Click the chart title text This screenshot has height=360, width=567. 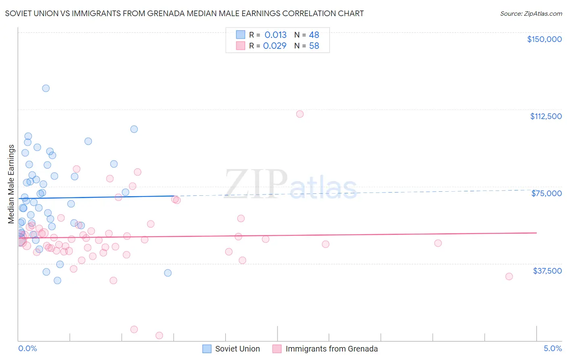(x=184, y=13)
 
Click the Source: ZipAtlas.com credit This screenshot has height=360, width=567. (x=531, y=13)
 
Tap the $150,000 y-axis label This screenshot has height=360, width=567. (x=544, y=39)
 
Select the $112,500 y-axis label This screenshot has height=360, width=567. (x=546, y=116)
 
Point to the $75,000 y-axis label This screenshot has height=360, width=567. (x=546, y=193)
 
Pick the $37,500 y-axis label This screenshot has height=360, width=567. (x=547, y=271)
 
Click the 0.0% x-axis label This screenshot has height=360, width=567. (x=27, y=348)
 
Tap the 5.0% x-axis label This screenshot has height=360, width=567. (x=552, y=348)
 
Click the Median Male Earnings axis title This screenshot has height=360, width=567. (x=11, y=184)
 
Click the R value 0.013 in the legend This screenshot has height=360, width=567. (x=275, y=35)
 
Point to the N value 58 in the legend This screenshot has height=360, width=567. (x=314, y=46)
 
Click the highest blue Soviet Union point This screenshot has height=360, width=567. (x=46, y=88)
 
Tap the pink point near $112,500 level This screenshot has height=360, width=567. (x=300, y=114)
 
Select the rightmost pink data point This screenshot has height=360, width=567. (x=509, y=276)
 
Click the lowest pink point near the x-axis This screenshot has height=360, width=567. (x=159, y=335)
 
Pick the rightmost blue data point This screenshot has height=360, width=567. (x=168, y=273)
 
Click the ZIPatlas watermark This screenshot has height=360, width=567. (x=290, y=184)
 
